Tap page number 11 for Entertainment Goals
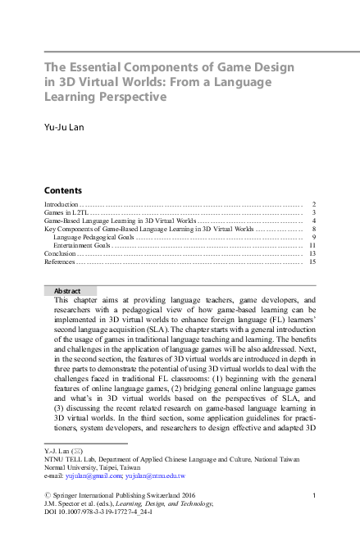point(312,245)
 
